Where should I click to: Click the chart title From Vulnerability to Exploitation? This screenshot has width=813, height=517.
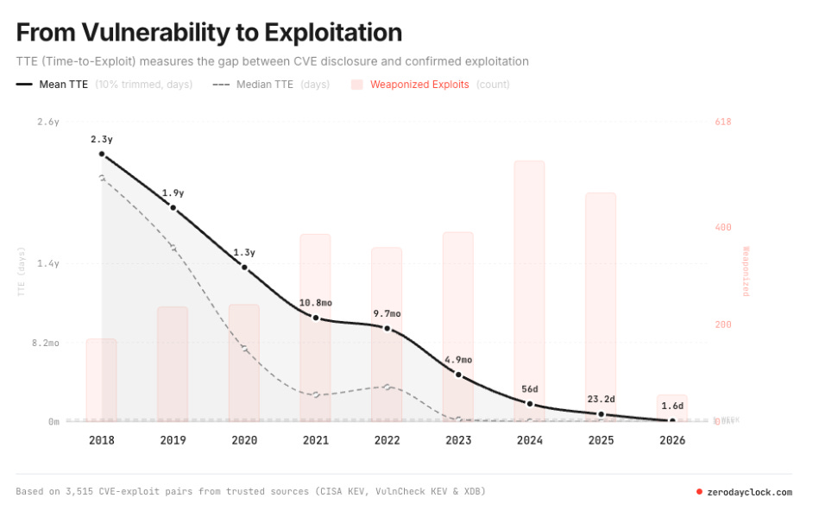tap(209, 33)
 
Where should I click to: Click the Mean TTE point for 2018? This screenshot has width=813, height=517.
tap(102, 154)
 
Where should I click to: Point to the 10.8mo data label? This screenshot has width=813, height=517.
tap(316, 303)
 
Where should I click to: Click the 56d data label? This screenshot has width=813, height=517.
tap(530, 388)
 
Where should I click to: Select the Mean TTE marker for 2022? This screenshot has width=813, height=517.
tap(388, 329)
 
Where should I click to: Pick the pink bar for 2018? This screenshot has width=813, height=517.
tap(102, 380)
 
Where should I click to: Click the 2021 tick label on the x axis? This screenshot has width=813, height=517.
tap(316, 440)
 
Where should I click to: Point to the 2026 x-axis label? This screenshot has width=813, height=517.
tap(672, 440)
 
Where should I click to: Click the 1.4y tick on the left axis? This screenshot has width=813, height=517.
tap(48, 263)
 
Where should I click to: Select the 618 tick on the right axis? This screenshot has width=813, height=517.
tap(723, 122)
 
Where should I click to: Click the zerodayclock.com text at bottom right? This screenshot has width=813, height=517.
tap(748, 492)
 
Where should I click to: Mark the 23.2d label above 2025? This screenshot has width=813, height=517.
tap(601, 399)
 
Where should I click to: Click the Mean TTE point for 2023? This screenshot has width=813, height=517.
tap(458, 375)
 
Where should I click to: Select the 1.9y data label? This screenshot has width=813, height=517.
tap(173, 193)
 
